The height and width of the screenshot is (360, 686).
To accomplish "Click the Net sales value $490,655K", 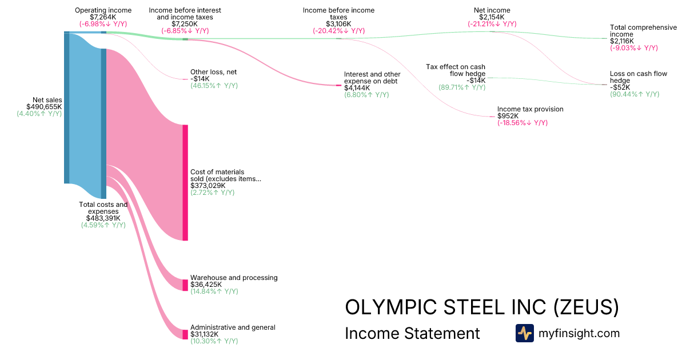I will (44, 107).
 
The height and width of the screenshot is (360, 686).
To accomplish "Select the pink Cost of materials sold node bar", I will (185, 182).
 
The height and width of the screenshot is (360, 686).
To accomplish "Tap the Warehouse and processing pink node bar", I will (185, 285).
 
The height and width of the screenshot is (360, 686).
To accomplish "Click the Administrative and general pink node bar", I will (185, 334).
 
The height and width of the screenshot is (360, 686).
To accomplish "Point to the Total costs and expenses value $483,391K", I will (103, 218).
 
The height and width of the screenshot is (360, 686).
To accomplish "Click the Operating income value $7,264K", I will (103, 17).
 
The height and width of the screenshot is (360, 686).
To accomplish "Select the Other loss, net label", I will (213, 72).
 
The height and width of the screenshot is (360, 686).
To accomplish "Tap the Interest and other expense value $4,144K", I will (357, 88).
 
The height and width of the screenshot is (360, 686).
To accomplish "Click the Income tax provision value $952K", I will (509, 116).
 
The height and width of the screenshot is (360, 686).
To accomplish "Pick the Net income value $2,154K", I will (492, 17).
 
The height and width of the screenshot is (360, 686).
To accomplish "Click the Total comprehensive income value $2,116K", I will (624, 41).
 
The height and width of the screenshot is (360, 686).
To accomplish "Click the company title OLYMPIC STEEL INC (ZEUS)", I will (482, 307).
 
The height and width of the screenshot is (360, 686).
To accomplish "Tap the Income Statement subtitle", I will (412, 333).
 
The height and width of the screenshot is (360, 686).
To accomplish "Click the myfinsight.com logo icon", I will (524, 333).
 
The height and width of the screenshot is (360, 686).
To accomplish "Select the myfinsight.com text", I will (579, 333).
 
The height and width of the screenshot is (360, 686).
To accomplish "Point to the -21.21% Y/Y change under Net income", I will (492, 24).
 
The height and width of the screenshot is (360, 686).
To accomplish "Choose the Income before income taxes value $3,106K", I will (338, 24).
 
